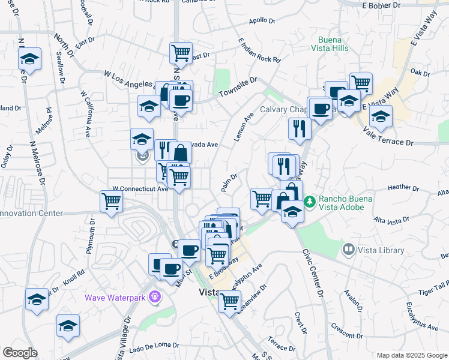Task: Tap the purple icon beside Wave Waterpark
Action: point(155,296)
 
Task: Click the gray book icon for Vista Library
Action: point(348,248)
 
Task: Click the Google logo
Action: point(20,353)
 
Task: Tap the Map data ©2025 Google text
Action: point(411,355)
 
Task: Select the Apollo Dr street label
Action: point(262,21)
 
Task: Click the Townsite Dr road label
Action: point(238,87)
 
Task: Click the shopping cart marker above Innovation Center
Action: point(111,202)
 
